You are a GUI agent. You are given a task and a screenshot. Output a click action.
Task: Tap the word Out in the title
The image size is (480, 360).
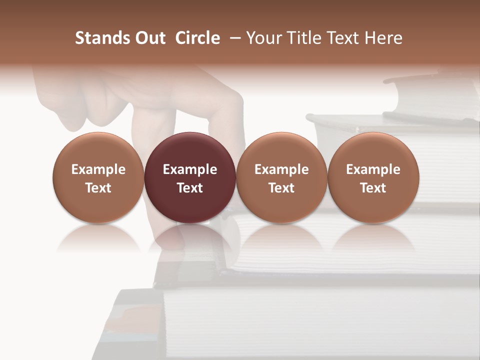[149, 38]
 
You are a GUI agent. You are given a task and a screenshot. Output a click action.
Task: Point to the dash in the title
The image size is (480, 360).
[233, 38]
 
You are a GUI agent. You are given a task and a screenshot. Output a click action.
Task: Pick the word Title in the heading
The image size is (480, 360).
[303, 38]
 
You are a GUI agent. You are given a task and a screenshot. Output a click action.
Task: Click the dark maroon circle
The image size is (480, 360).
[190, 178]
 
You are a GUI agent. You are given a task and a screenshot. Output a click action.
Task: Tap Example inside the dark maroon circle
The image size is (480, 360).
[190, 169]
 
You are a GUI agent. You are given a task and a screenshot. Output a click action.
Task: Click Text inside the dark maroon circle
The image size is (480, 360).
[190, 188]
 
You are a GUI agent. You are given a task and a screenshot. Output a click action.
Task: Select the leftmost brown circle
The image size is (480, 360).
[98, 178]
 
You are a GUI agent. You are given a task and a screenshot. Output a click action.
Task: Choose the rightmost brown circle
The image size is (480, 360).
[373, 178]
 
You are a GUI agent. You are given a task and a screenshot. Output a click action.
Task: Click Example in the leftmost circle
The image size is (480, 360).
[98, 169]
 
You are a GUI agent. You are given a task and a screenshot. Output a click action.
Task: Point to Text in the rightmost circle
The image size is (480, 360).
[373, 188]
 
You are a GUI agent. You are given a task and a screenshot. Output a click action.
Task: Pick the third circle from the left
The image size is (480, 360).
[281, 178]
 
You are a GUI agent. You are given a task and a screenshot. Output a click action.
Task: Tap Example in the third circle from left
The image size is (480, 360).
[281, 169]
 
